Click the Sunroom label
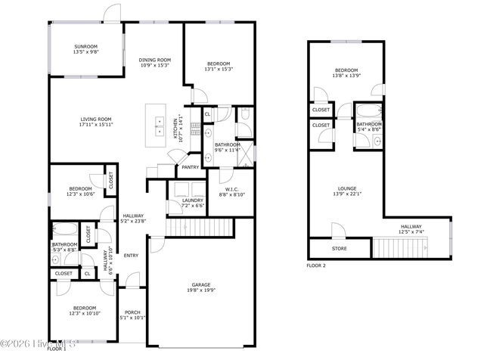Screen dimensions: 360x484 click(85, 46)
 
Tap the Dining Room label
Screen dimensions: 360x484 click(154, 60)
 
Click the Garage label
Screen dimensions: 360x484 click(200, 284)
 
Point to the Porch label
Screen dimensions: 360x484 click(132, 312)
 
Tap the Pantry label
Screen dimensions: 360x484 click(191, 167)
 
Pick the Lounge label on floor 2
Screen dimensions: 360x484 click(347, 188)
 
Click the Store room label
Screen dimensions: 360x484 click(340, 248)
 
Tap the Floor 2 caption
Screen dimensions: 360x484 click(316, 266)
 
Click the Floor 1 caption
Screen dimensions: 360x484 click(57, 349)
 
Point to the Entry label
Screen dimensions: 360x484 click(131, 255)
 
